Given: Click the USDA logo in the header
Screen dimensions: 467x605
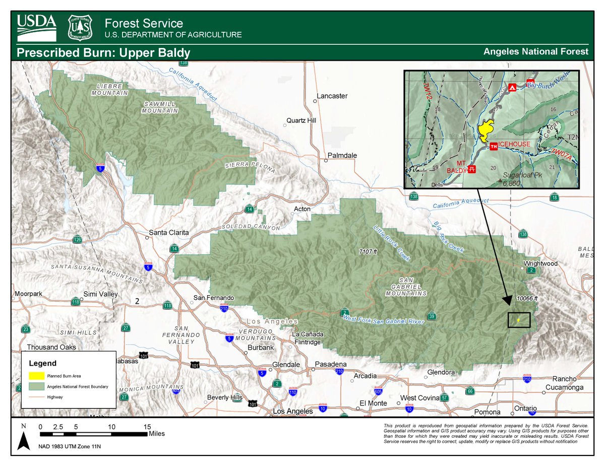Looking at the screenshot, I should (37, 28).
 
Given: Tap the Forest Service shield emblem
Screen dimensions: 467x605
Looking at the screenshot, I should (80, 28).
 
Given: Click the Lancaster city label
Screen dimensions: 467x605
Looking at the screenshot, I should (332, 96).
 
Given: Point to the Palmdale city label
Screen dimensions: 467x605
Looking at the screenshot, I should (342, 156).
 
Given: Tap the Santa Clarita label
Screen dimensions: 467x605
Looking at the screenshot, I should (168, 233).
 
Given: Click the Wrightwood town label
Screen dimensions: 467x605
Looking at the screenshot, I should (540, 263).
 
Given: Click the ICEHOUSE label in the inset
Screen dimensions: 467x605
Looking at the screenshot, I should (515, 144).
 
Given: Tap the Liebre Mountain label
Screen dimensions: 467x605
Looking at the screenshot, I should (110, 90).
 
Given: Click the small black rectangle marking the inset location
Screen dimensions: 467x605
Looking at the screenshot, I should (519, 320).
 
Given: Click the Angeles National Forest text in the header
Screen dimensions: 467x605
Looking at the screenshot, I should (535, 51).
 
